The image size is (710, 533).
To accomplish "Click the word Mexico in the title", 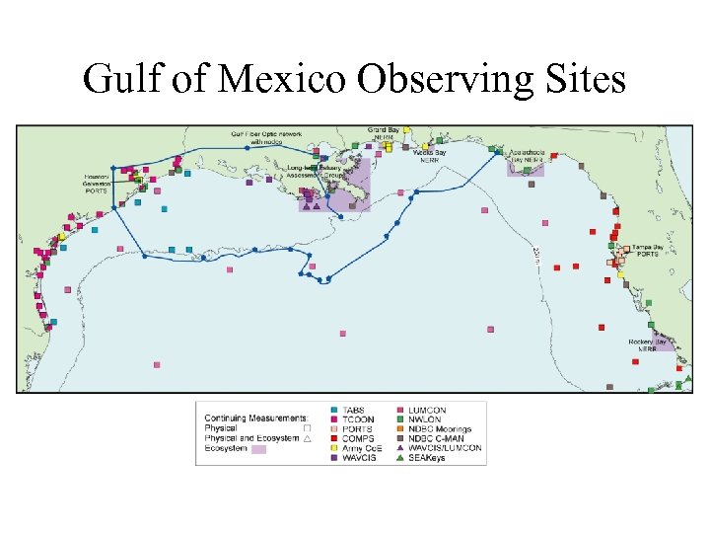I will point(286,78).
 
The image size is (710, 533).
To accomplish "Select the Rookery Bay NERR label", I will point(648,344).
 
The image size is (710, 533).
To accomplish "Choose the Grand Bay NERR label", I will point(385,132).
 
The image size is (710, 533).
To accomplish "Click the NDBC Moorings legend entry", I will point(440,428).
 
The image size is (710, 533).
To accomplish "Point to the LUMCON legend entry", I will point(427,410).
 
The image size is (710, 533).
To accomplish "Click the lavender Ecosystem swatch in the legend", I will point(259,448).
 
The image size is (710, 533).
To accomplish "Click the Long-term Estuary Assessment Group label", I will point(314,174).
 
